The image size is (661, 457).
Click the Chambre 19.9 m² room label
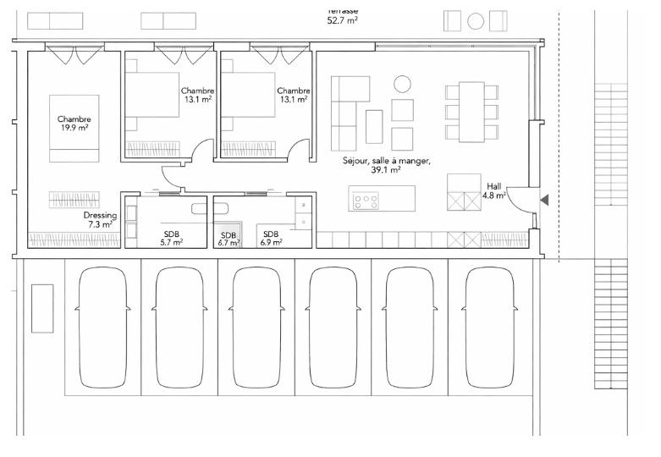(74, 124)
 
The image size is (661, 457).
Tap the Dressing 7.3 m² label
(101, 220)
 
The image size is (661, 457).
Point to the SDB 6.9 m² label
(272, 238)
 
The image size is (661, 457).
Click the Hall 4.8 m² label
(494, 190)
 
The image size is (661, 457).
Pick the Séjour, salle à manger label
(387, 164)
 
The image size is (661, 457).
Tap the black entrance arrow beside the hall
(545, 200)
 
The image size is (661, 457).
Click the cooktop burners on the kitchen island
(366, 201)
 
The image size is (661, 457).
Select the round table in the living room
(402, 83)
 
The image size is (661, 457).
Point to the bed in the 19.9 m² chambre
(74, 135)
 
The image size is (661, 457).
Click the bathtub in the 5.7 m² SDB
(200, 208)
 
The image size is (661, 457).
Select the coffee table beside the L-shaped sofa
(374, 127)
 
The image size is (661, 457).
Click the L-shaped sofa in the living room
(344, 110)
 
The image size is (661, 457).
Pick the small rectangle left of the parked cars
(41, 308)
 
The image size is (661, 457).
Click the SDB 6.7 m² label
(229, 239)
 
